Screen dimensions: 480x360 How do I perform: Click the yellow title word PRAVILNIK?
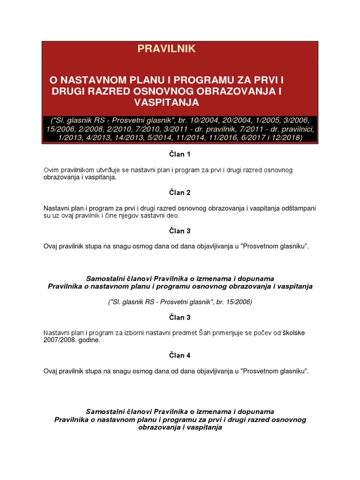point(166,49)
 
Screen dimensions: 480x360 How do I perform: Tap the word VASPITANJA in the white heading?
point(166,102)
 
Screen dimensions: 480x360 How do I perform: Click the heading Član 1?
point(180,154)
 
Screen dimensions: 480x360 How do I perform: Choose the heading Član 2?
point(180,193)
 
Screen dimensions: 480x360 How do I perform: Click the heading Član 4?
point(180,355)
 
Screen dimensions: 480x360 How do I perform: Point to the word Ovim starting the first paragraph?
point(52,170)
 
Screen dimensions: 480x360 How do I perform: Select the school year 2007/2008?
point(60,340)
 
